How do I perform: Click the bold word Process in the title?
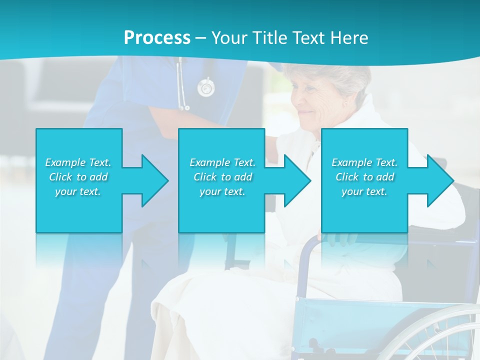click(x=157, y=37)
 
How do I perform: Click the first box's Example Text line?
click(x=78, y=162)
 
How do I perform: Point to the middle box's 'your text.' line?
click(x=222, y=191)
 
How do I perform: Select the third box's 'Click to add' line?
click(x=364, y=177)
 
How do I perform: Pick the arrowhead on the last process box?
click(x=439, y=180)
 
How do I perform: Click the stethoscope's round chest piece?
click(x=205, y=88)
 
